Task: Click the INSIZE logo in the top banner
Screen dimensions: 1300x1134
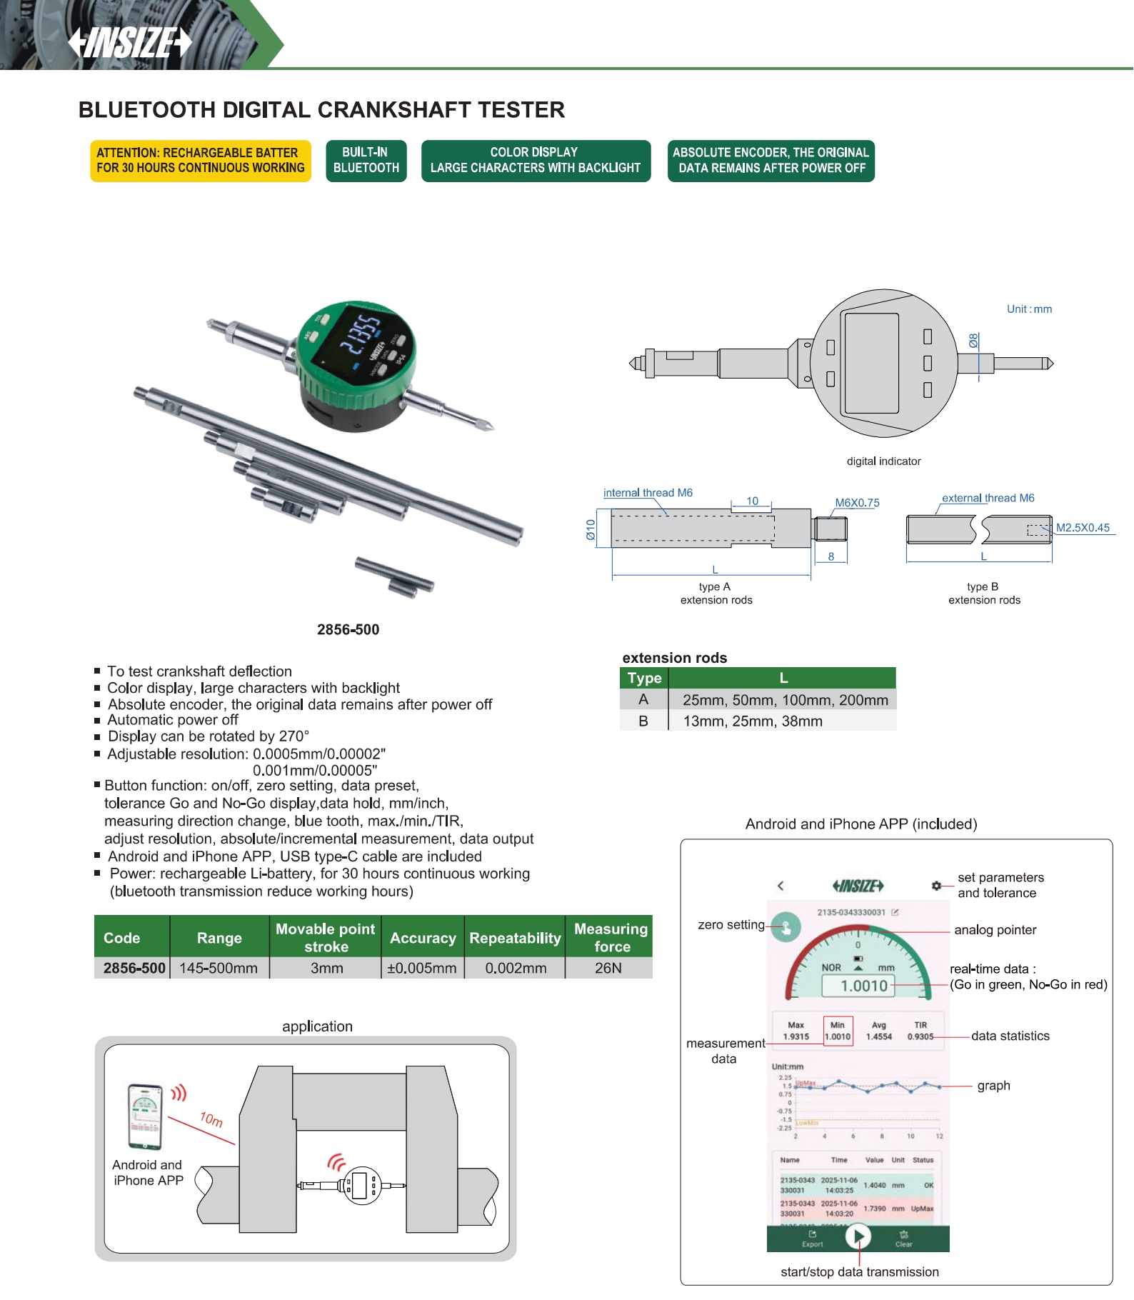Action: [x=130, y=42]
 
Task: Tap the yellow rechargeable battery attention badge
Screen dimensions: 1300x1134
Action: [x=201, y=161]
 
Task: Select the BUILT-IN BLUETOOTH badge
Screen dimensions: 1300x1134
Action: [x=366, y=161]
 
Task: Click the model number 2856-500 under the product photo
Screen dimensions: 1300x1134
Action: [x=348, y=629]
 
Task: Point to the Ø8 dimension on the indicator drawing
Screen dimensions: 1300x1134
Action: [x=973, y=341]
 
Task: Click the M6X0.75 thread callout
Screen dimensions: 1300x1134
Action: [x=857, y=503]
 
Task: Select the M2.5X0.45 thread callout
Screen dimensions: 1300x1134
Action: [x=1083, y=528]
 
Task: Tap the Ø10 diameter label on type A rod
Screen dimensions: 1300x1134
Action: [x=591, y=529]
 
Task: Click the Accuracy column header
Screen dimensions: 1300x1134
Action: [x=423, y=938]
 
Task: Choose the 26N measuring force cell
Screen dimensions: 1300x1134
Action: [x=608, y=969]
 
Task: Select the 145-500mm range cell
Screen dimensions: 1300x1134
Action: [x=219, y=969]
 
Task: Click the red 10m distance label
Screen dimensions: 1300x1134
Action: [x=211, y=1119]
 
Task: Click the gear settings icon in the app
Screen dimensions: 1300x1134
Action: [x=936, y=886]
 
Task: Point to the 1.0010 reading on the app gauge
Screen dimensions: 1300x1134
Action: [x=864, y=986]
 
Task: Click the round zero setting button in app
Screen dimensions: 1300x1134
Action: [x=786, y=927]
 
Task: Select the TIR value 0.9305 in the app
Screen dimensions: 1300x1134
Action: [x=920, y=1036]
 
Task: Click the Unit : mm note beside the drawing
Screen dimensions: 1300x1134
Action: [x=1029, y=309]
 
